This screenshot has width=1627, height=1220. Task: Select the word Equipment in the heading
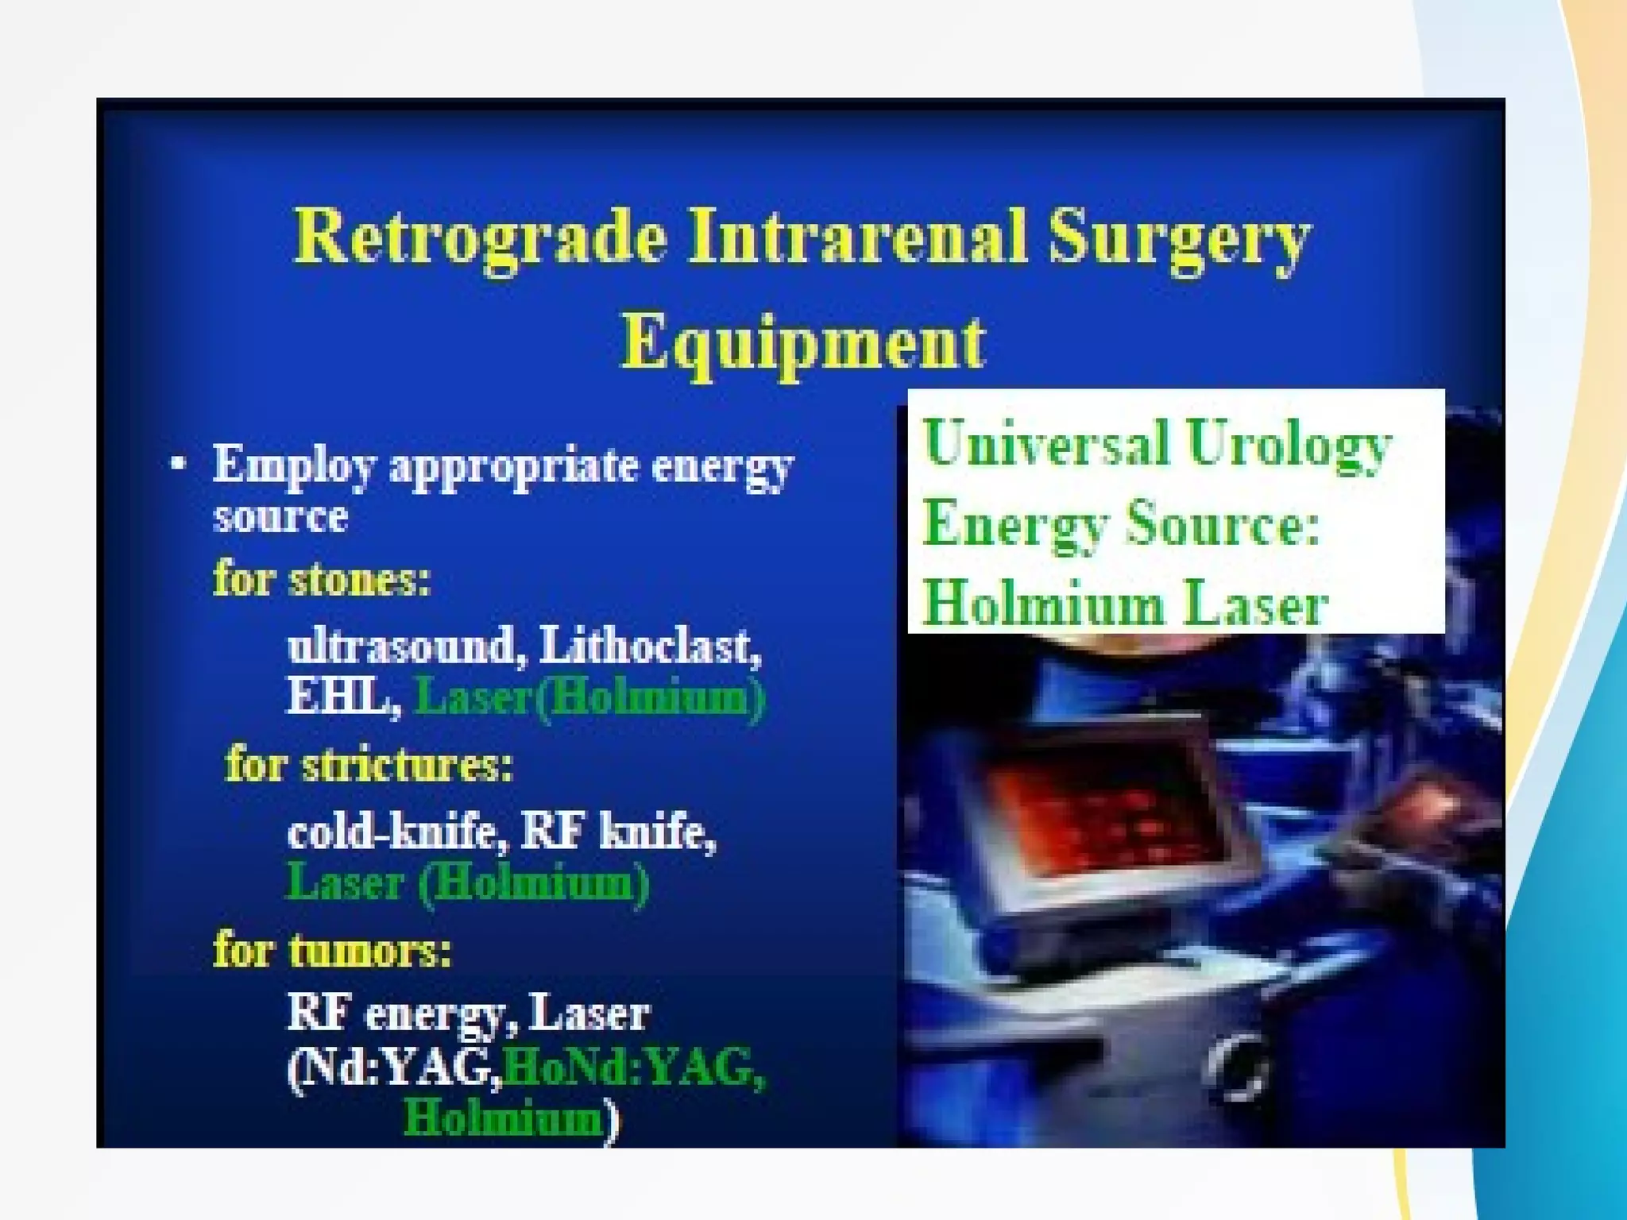pyautogui.click(x=802, y=343)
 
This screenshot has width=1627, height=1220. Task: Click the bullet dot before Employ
pyautogui.click(x=179, y=463)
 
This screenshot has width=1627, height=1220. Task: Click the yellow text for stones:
pyautogui.click(x=322, y=578)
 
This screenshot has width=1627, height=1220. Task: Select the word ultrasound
pyautogui.click(x=402, y=645)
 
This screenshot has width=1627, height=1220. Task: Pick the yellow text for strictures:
pyautogui.click(x=369, y=765)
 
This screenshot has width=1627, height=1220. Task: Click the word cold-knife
pyautogui.click(x=397, y=832)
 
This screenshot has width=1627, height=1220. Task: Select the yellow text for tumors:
pyautogui.click(x=332, y=949)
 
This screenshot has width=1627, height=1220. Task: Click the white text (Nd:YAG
pyautogui.click(x=394, y=1067)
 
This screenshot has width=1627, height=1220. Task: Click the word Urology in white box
pyautogui.click(x=1287, y=445)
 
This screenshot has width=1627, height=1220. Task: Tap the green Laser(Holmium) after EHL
pyautogui.click(x=589, y=697)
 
